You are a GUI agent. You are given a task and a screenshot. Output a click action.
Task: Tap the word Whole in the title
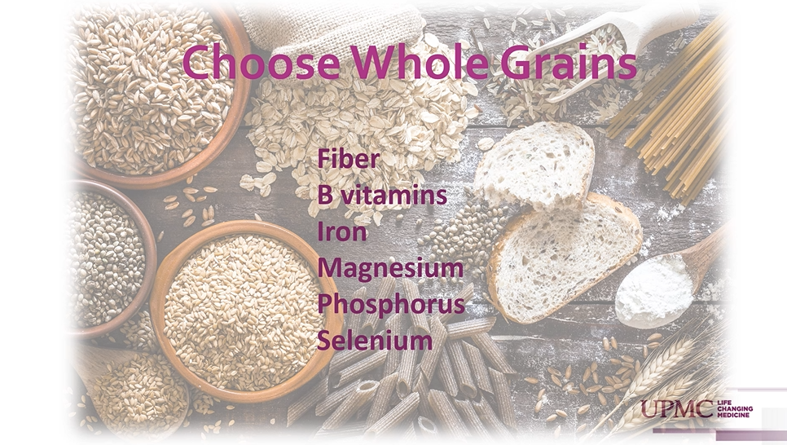click(420, 62)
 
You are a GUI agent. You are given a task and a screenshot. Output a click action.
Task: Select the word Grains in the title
click(569, 62)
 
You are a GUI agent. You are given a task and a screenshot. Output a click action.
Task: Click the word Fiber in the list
click(349, 159)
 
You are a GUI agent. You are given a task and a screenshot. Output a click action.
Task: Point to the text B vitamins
click(382, 195)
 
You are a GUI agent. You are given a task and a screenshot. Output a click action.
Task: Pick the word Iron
click(342, 231)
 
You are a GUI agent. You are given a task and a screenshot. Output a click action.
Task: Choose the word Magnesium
click(390, 269)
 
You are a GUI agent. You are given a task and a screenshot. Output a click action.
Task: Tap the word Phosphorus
click(391, 305)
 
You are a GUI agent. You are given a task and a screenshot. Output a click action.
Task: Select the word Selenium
click(375, 341)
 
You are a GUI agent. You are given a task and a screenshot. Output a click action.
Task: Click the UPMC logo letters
click(676, 409)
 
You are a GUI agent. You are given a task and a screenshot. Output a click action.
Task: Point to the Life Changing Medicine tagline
click(735, 409)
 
